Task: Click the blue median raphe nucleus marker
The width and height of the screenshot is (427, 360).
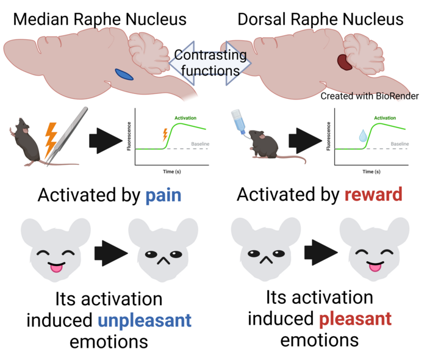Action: coord(124,74)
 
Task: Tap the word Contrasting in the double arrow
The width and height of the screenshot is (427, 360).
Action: coord(210,56)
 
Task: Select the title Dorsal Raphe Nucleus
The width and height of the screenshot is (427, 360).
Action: coord(320,19)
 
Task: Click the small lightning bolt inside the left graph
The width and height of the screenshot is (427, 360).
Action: coord(164,135)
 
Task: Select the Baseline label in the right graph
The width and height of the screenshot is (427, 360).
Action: coord(400,144)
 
